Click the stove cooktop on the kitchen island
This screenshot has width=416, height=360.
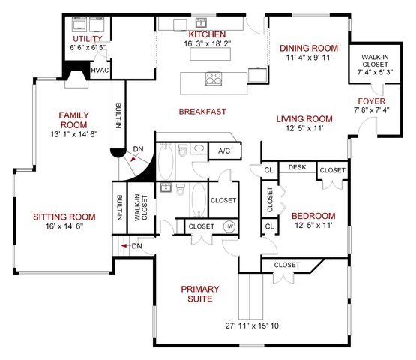pos(214,77)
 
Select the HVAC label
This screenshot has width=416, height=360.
pos(100,70)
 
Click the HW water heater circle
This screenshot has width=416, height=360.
pos(229,226)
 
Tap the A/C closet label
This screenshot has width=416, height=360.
pos(224,151)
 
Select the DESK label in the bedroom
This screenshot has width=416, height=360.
pos(297,167)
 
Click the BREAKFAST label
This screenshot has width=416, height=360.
pos(202,112)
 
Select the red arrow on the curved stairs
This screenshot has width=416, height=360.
pos(127,156)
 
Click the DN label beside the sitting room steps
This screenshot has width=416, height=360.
pos(136,246)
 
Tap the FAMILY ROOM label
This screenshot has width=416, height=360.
pos(73,120)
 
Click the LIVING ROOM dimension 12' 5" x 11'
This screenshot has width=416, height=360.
pos(304,129)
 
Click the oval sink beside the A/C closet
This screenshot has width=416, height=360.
pos(198,149)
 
